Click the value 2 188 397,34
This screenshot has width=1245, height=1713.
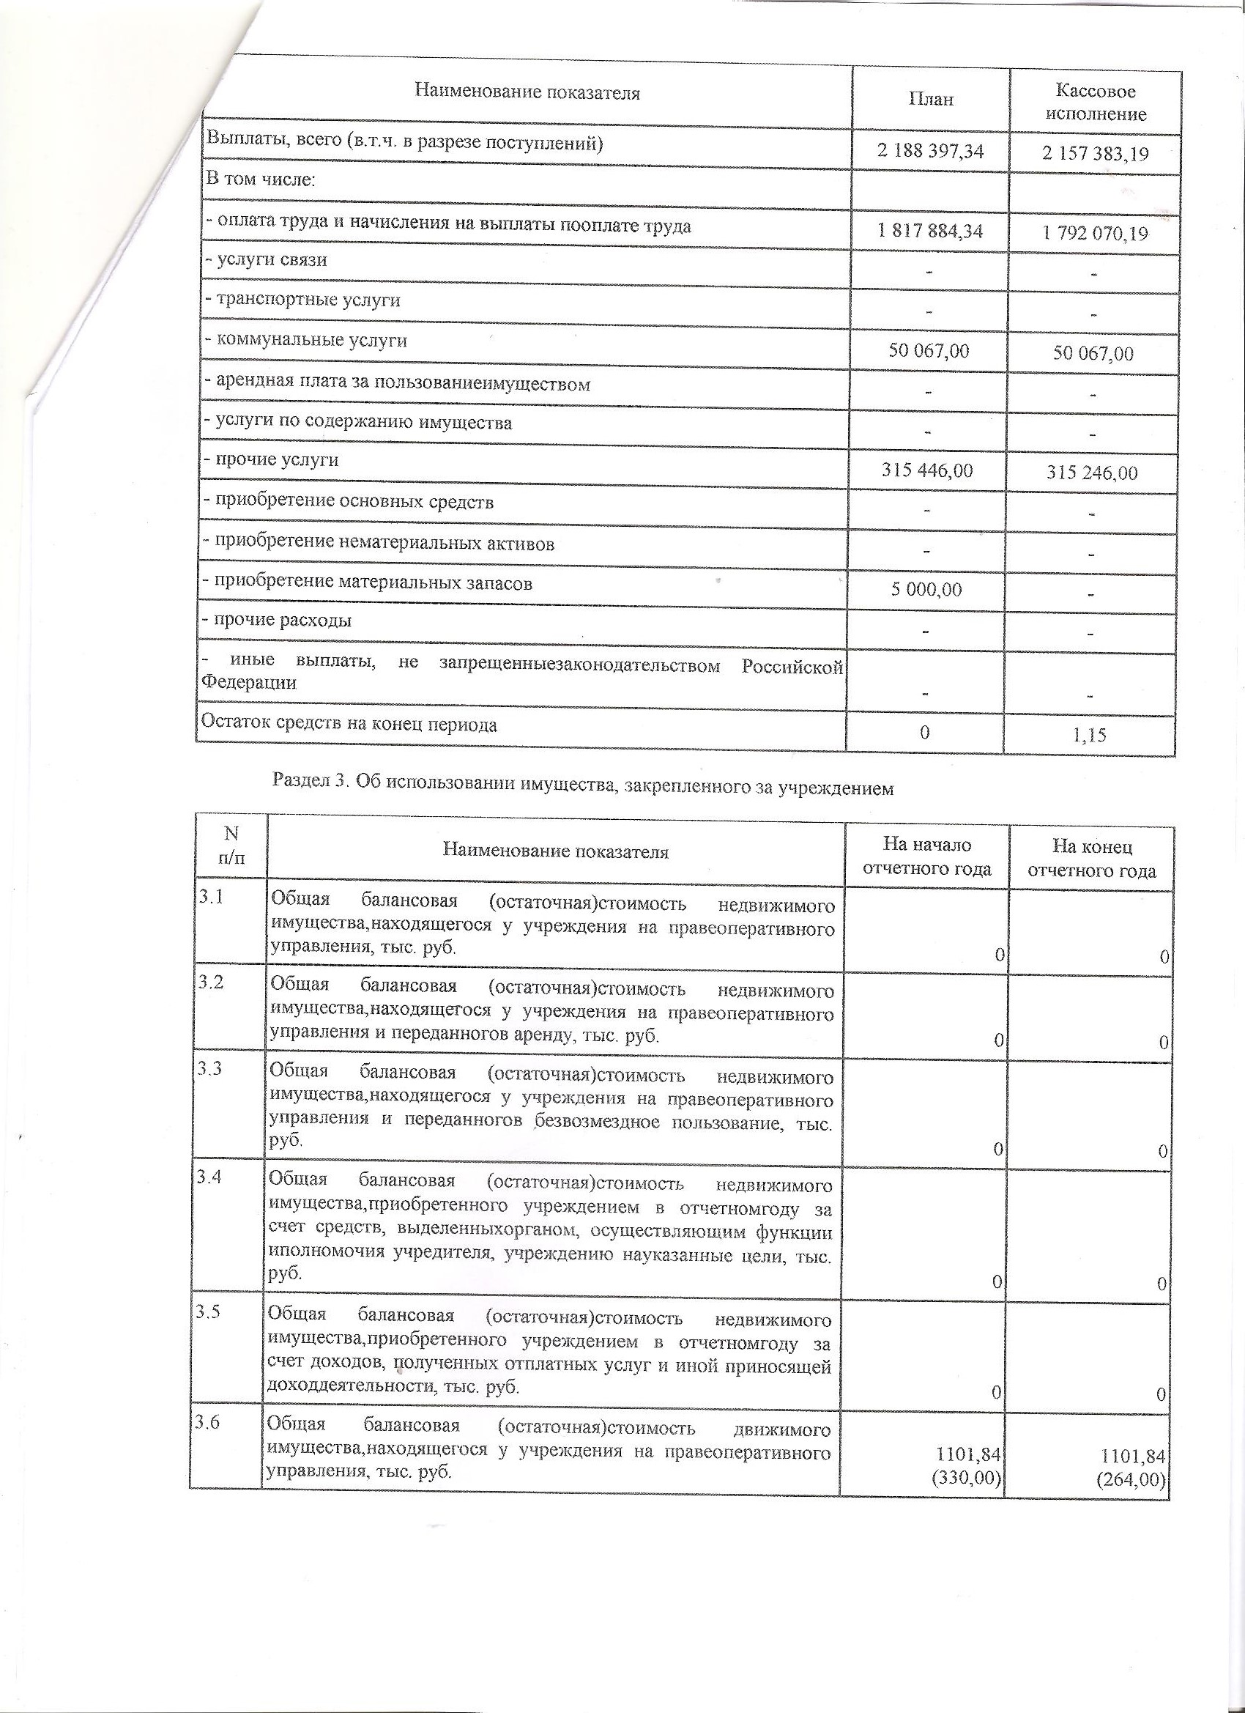[x=930, y=151]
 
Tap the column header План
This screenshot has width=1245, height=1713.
[x=931, y=99]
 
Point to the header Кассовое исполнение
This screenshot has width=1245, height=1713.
[x=1096, y=103]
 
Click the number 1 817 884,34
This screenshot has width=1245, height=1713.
[x=930, y=231]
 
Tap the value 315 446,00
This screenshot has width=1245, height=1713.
[x=927, y=470]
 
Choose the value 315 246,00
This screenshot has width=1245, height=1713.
[x=1092, y=473]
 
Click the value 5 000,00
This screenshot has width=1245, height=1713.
[x=926, y=589]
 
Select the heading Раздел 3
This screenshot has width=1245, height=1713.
[x=582, y=785]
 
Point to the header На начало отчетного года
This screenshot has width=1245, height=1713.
[x=926, y=856]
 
